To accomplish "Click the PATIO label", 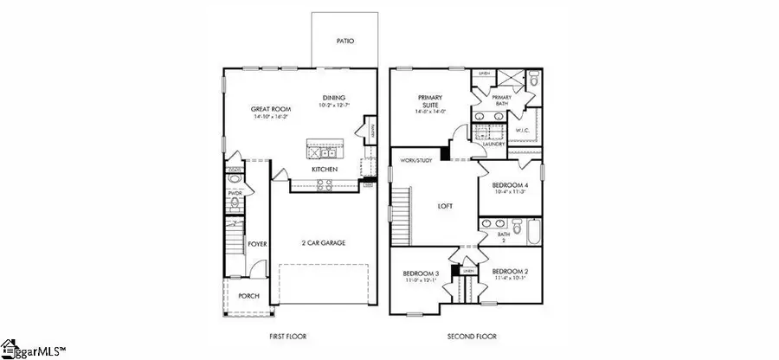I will click(x=344, y=42).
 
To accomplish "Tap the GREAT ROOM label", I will click(x=271, y=109).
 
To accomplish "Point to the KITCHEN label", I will click(x=325, y=170).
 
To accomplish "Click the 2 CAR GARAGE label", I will click(x=324, y=243).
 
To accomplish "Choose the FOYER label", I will click(x=257, y=245).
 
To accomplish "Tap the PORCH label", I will click(x=248, y=295).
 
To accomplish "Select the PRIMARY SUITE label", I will click(x=430, y=102).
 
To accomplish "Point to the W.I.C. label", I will click(x=522, y=131).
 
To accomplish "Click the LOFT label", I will click(x=445, y=206).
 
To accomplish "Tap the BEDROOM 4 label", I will click(x=510, y=186).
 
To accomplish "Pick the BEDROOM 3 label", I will click(x=422, y=274).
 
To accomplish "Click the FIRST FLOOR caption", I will click(x=288, y=336).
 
